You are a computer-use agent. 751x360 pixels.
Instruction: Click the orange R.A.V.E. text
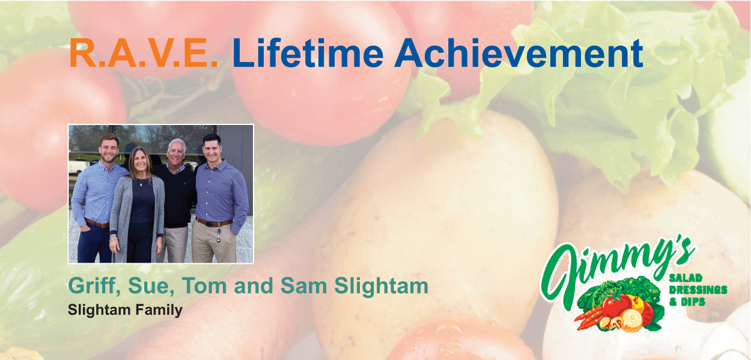pyautogui.click(x=144, y=53)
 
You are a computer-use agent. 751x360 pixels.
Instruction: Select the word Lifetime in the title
pyautogui.click(x=308, y=53)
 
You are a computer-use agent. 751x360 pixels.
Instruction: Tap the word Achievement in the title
pyautogui.click(x=519, y=53)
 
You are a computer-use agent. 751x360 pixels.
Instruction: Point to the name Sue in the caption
pyautogui.click(x=151, y=287)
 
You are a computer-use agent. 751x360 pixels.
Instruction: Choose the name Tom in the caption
pyautogui.click(x=204, y=286)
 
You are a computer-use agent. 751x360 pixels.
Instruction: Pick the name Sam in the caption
pyautogui.click(x=304, y=286)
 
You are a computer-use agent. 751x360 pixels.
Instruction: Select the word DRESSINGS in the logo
pyautogui.click(x=698, y=290)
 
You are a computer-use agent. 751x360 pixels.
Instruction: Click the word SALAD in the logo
pyautogui.click(x=686, y=278)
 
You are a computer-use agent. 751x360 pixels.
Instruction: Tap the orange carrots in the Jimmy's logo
pyautogui.click(x=589, y=318)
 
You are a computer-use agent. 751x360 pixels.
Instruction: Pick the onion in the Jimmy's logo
pyautogui.click(x=631, y=319)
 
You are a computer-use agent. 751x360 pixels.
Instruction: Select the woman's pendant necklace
pyautogui.click(x=141, y=182)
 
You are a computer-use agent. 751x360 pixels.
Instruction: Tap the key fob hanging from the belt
pyautogui.click(x=219, y=234)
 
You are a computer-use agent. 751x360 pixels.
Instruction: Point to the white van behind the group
pyautogui.click(x=79, y=166)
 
